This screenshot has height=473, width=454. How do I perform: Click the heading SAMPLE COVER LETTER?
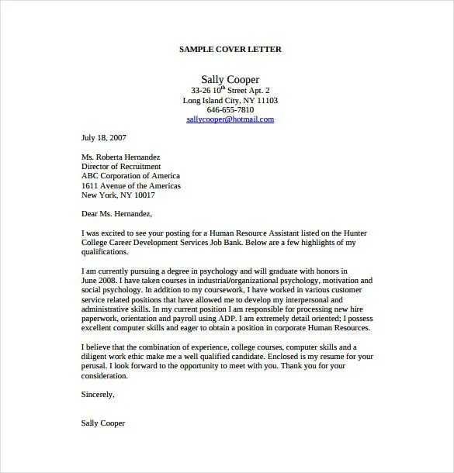tap(230, 49)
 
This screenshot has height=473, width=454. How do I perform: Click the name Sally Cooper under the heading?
tap(230, 79)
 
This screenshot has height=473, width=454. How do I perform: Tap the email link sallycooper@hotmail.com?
tap(230, 119)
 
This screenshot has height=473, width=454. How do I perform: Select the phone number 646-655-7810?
tap(230, 109)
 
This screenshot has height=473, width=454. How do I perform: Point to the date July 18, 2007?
tap(103, 137)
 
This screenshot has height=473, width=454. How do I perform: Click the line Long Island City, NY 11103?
tap(230, 100)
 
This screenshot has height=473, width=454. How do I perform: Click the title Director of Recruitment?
tap(121, 166)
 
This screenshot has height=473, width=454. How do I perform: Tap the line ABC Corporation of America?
tap(130, 176)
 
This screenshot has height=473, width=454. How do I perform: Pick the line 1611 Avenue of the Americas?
tap(130, 186)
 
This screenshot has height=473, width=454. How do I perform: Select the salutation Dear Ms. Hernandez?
tap(116, 214)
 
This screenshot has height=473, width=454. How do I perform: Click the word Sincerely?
tap(98, 394)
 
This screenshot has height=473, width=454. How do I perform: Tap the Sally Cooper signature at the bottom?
tap(102, 423)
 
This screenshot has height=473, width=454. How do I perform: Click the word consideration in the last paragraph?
tap(104, 375)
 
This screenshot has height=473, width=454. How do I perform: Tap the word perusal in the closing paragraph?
tap(95, 366)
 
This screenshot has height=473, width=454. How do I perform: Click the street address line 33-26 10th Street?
tap(230, 90)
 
